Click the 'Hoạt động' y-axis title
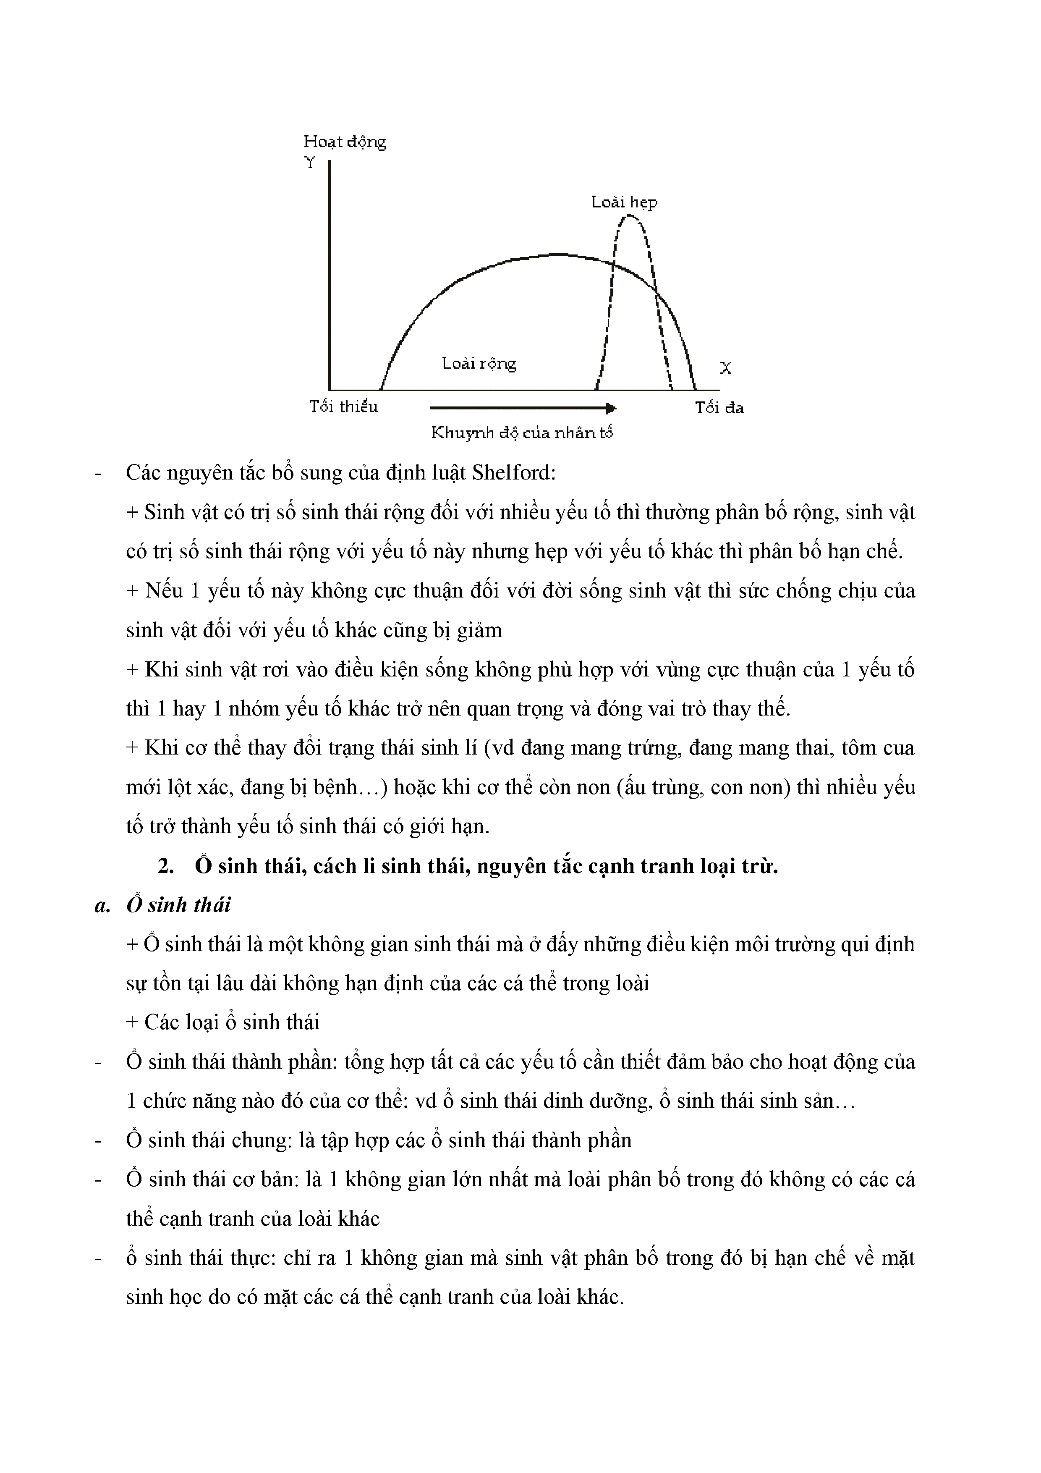345,142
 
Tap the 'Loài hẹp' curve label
624,203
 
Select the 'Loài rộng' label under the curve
479,364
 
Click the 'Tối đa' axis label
719,408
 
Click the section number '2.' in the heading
166,866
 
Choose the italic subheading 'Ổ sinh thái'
178,904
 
